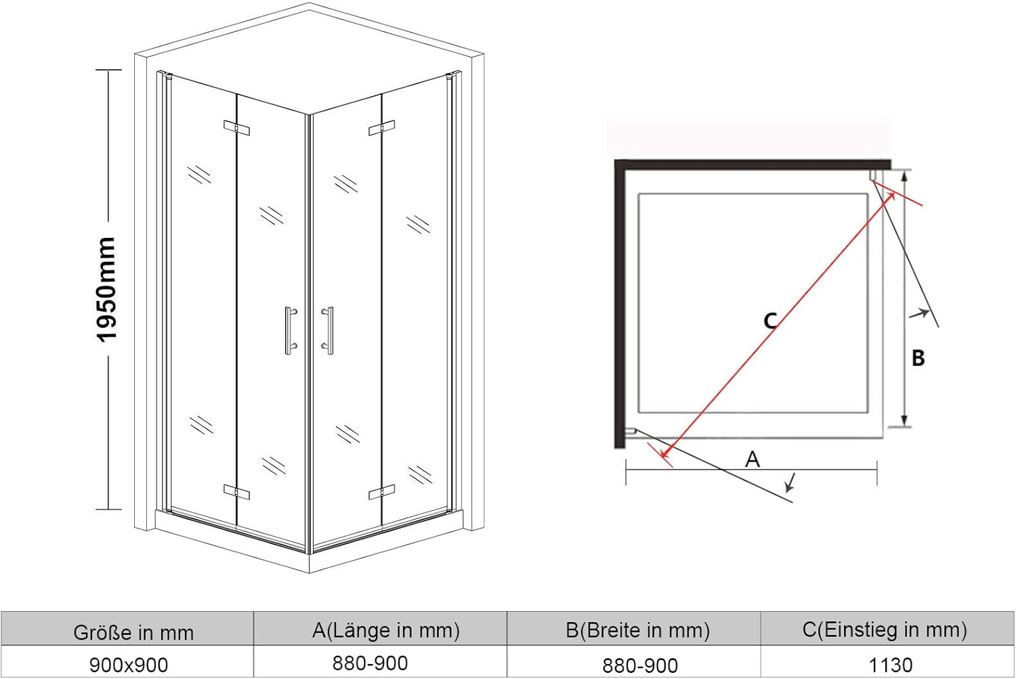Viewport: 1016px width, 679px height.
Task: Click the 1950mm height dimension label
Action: pyautogui.click(x=107, y=289)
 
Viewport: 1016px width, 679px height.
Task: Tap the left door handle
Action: pyautogui.click(x=290, y=330)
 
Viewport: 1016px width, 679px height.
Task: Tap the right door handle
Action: pyautogui.click(x=328, y=330)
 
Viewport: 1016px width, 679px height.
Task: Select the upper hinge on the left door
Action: pyautogui.click(x=236, y=128)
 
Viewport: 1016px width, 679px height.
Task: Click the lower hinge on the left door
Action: pyautogui.click(x=236, y=492)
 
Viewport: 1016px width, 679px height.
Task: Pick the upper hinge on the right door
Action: pyautogui.click(x=382, y=128)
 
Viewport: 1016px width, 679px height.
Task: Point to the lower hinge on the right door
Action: pyautogui.click(x=382, y=492)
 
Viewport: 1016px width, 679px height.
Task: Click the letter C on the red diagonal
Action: pyautogui.click(x=770, y=321)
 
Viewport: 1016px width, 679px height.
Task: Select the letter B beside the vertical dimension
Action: pyautogui.click(x=918, y=358)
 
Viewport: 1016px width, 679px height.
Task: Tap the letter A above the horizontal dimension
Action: pyautogui.click(x=753, y=459)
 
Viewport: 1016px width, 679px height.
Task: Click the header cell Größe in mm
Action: pyautogui.click(x=133, y=632)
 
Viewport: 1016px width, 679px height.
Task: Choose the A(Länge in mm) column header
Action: pyautogui.click(x=385, y=630)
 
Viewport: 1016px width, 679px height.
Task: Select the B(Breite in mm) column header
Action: pyautogui.click(x=638, y=630)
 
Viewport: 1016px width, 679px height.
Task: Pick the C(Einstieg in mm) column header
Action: pyautogui.click(x=885, y=630)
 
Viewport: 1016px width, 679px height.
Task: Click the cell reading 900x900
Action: pyautogui.click(x=129, y=665)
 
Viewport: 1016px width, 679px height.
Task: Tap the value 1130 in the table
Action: pyautogui.click(x=891, y=665)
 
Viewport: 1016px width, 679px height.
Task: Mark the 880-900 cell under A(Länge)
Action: pyautogui.click(x=370, y=663)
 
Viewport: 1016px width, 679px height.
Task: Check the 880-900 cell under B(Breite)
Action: pyautogui.click(x=640, y=666)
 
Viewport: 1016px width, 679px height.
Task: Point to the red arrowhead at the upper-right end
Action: pyautogui.click(x=891, y=196)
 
